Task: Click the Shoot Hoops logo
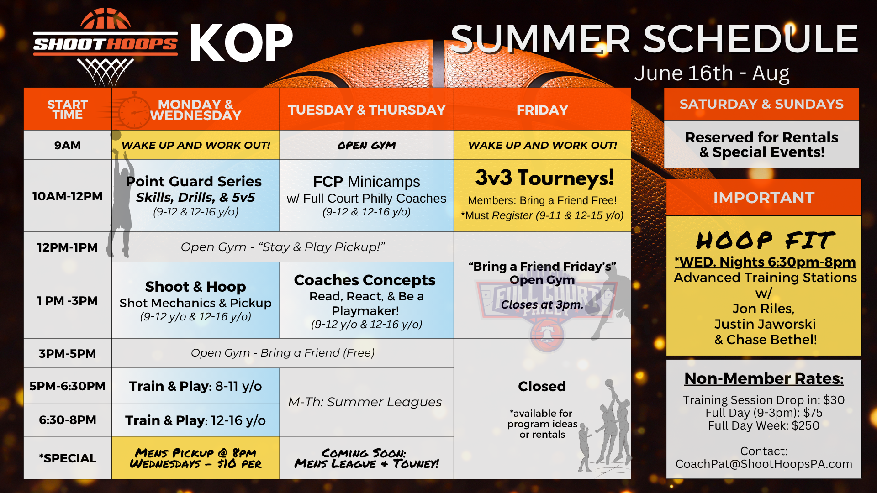pyautogui.click(x=106, y=46)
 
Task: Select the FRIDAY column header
pyautogui.click(x=542, y=110)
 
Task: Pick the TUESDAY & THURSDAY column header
pyautogui.click(x=366, y=110)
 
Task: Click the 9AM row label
pyautogui.click(x=67, y=145)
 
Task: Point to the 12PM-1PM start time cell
pyautogui.click(x=67, y=247)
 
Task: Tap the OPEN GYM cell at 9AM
pyautogui.click(x=366, y=145)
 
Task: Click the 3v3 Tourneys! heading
pyautogui.click(x=544, y=178)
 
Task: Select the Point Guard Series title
pyautogui.click(x=194, y=181)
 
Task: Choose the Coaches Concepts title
pyautogui.click(x=365, y=280)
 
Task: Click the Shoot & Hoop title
pyautogui.click(x=195, y=286)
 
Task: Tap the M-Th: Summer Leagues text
pyautogui.click(x=365, y=402)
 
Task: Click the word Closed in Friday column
pyautogui.click(x=542, y=386)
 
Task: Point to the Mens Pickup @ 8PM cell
pyautogui.click(x=195, y=458)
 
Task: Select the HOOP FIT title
pyautogui.click(x=765, y=240)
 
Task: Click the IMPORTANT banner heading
pyautogui.click(x=764, y=198)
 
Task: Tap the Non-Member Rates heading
pyautogui.click(x=764, y=378)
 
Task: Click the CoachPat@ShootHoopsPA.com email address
pyautogui.click(x=764, y=464)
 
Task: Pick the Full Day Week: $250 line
pyautogui.click(x=764, y=425)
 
